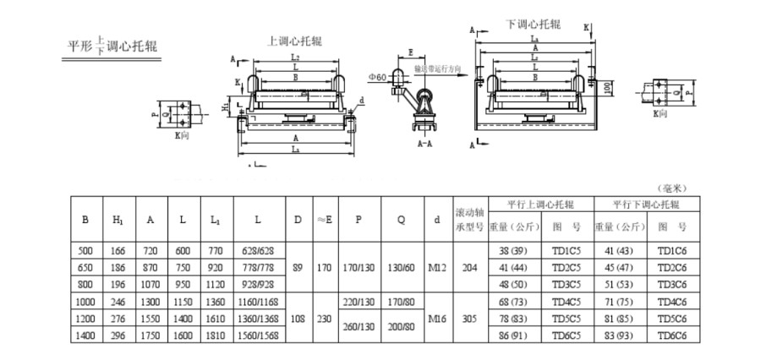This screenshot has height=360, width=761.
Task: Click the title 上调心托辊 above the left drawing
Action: tap(294, 41)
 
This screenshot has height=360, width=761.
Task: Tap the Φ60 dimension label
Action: tap(377, 77)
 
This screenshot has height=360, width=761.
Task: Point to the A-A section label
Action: tap(427, 145)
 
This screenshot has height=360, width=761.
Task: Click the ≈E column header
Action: tap(324, 219)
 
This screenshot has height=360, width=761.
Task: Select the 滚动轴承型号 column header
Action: tap(470, 219)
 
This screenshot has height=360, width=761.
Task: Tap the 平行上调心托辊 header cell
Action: tap(540, 205)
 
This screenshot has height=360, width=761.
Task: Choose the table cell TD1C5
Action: tap(566, 251)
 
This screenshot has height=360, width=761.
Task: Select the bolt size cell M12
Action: tap(436, 268)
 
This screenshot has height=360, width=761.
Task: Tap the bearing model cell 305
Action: tap(470, 319)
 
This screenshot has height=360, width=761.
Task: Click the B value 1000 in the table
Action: tap(85, 303)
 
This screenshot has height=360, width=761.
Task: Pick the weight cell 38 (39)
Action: tap(512, 251)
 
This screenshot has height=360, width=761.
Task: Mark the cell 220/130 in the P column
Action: tap(359, 303)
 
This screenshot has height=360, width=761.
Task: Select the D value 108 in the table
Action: tap(298, 319)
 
